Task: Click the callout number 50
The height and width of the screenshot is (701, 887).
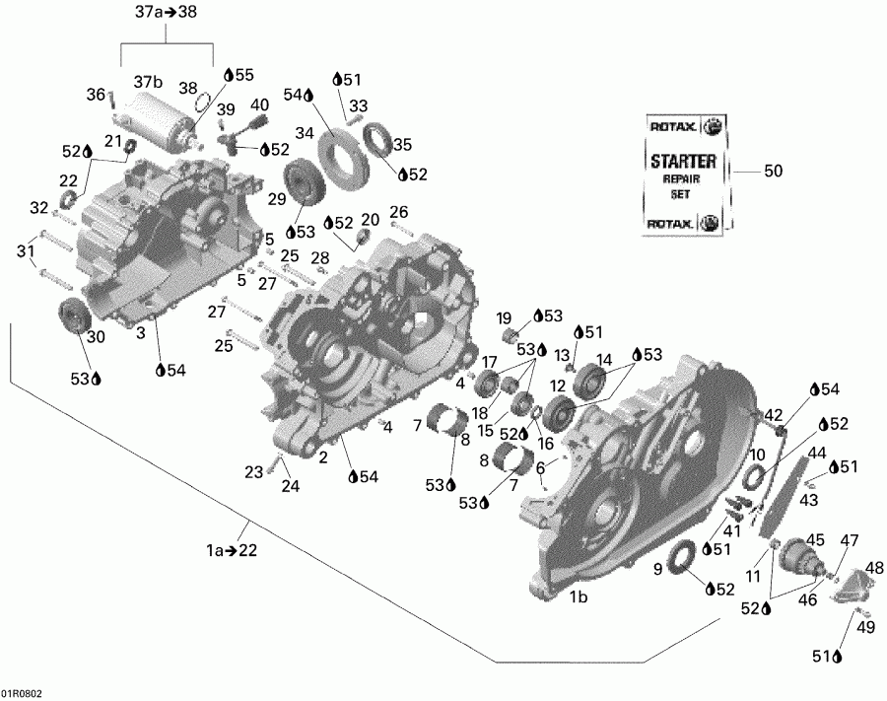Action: pos(774,172)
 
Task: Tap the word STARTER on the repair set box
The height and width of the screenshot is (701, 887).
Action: pos(684,161)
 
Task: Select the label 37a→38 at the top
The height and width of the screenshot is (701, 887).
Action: pos(166,13)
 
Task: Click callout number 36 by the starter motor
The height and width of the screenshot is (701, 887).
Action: pos(96,95)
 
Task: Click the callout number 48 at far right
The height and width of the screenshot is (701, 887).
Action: pos(874,568)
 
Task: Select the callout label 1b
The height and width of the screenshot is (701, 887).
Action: pos(579,596)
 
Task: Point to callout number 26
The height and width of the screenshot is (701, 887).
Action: pos(398,212)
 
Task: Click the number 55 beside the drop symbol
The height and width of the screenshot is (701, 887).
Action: pos(243,73)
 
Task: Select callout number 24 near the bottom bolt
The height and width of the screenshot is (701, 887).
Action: pos(289,485)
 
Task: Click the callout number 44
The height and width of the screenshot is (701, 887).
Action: pos(817,453)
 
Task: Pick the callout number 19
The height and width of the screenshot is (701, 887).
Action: pos(504,317)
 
